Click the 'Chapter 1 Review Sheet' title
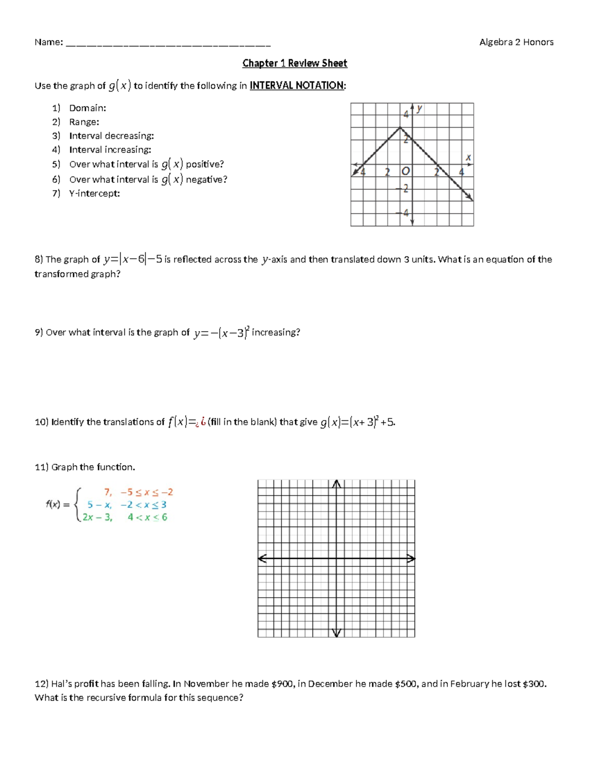point(295,63)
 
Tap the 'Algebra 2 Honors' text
point(516,42)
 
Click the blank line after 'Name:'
point(168,44)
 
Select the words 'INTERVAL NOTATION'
point(296,86)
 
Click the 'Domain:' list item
point(88,108)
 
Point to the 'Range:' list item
point(84,122)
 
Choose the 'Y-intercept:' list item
point(94,193)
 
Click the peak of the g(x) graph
point(400,128)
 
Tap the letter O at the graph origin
point(406,171)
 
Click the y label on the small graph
point(419,108)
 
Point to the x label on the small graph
point(468,157)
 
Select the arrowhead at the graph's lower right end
point(470,198)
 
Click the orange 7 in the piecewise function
point(108,492)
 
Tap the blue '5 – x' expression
point(99,505)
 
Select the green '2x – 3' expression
point(97,518)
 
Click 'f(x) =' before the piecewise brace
point(58,504)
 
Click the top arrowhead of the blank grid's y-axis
point(336,484)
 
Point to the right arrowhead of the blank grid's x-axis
point(412,558)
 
